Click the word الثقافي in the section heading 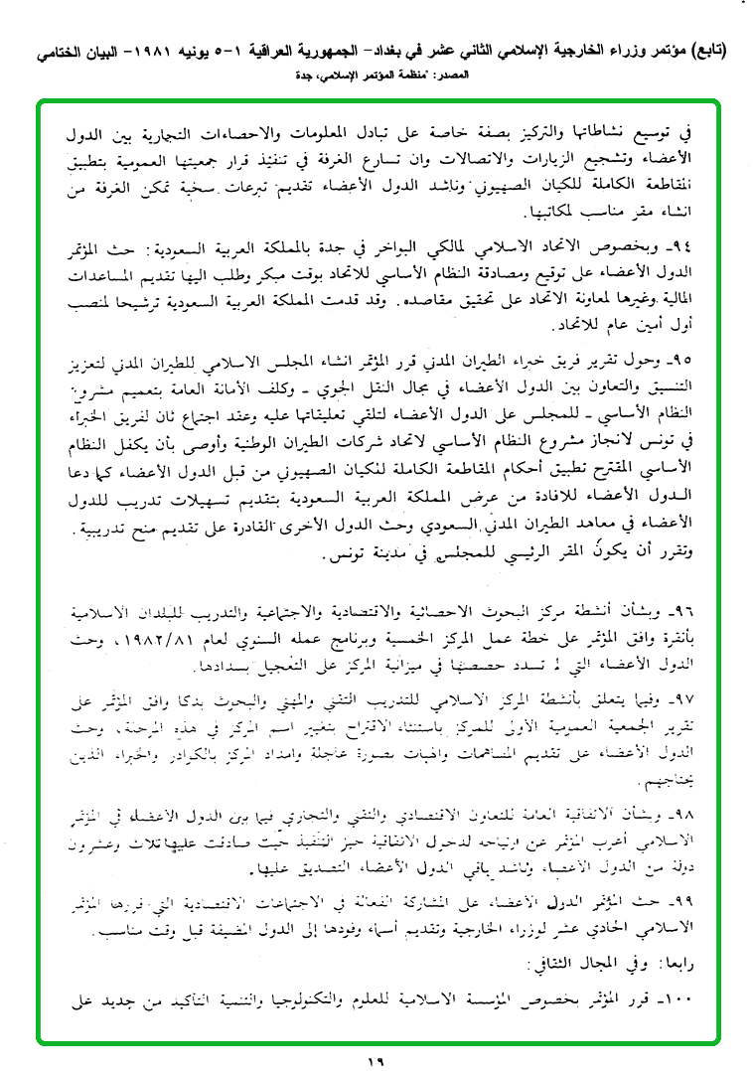[x=589, y=962]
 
